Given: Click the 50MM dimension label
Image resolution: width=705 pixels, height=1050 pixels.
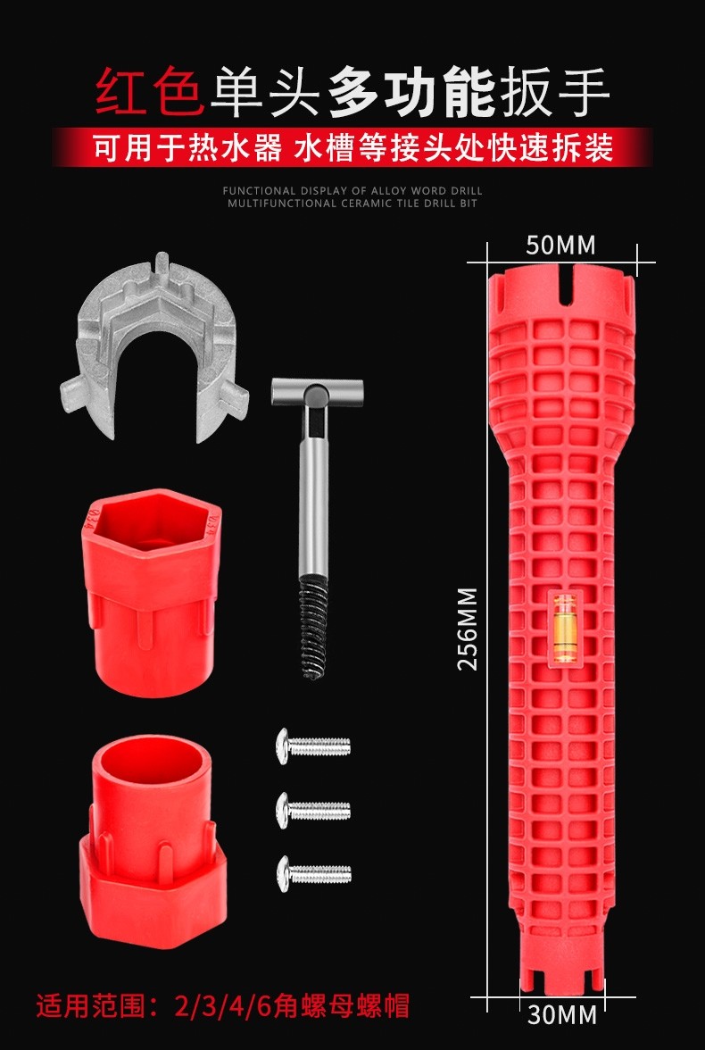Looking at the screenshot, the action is (x=560, y=245).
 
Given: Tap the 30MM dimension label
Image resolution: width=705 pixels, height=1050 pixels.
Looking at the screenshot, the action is (x=561, y=1015).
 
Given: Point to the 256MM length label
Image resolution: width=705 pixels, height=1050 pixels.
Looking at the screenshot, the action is (x=468, y=629).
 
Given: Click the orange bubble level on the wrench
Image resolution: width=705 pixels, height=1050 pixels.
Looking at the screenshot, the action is (x=561, y=628).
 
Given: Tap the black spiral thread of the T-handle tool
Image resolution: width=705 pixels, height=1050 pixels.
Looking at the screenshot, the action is (x=314, y=629).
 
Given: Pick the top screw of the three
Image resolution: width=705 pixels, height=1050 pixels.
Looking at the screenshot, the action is (x=313, y=746).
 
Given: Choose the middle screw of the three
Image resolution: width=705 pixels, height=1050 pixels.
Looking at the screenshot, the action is (x=313, y=810).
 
